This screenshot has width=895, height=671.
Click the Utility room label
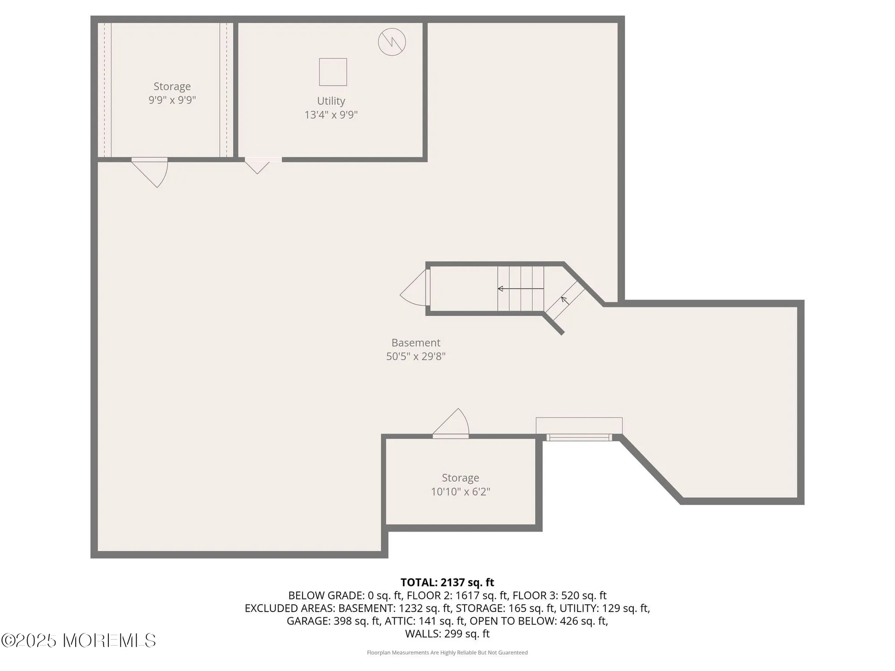(331, 101)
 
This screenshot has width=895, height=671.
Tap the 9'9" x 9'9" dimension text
(172, 100)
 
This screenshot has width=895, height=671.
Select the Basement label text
(416, 343)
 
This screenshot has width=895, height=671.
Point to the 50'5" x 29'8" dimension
(416, 357)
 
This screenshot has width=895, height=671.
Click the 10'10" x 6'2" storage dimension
(460, 492)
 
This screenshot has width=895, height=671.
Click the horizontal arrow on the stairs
(521, 289)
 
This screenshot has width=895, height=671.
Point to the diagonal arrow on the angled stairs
(565, 301)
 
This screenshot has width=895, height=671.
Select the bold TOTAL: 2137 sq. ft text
(447, 582)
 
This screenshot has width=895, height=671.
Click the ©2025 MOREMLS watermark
(78, 640)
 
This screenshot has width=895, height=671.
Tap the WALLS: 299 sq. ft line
(447, 633)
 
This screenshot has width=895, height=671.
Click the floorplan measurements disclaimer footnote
(447, 653)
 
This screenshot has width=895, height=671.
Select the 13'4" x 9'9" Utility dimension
(331, 115)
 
